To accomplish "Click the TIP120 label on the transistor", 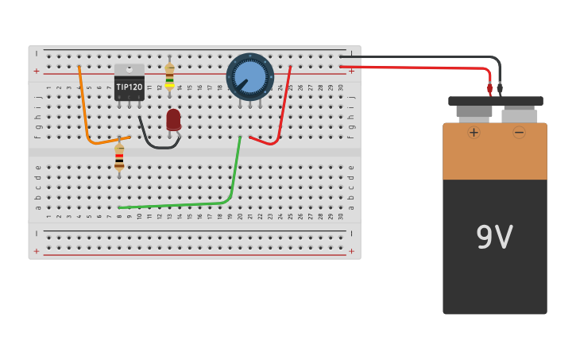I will [129, 87].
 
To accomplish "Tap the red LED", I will [173, 120].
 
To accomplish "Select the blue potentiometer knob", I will [250, 77].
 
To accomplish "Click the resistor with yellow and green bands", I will [169, 77].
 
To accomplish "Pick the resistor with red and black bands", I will [119, 157].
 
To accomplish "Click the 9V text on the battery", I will [494, 238].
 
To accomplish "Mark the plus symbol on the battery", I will [474, 132].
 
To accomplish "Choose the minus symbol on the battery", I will [519, 132].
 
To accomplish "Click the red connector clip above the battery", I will [489, 89].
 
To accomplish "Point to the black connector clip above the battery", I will [500, 89].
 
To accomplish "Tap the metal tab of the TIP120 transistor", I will [129, 70].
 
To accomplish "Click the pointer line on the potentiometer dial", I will [241, 83].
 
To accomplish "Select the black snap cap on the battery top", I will [496, 101].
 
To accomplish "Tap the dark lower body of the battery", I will [494, 278].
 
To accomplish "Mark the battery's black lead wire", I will [445, 57].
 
